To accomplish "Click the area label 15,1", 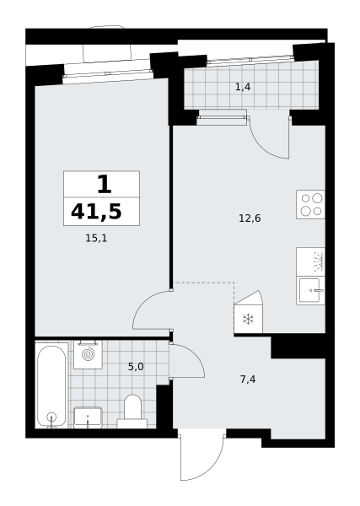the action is point(96,239).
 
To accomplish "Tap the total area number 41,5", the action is point(96,212).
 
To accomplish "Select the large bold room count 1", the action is point(104,185).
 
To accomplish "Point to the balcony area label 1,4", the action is point(243,87).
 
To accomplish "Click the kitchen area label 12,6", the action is point(250,218).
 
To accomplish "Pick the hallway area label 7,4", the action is point(248,379).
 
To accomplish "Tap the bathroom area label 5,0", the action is point(136,367).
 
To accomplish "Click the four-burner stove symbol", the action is point(310,205).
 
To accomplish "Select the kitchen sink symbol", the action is point(310,290).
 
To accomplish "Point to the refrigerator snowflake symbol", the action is point(248,320).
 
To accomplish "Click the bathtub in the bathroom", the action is point(51,385).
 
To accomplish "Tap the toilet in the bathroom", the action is point(132,412).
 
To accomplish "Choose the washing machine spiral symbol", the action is point(88,355).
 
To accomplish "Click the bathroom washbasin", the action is point(88,417).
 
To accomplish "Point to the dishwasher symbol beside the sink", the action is point(310,261).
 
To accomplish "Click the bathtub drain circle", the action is point(51,417).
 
